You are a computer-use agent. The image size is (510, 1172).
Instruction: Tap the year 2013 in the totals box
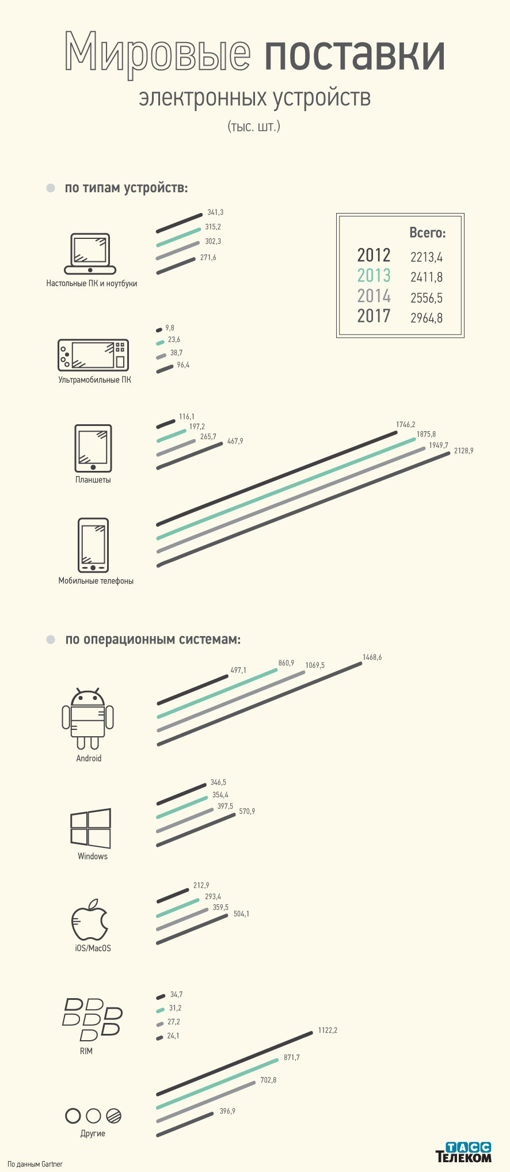374,276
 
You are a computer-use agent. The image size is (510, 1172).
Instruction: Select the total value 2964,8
427,318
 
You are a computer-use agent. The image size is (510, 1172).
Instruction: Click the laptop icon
90,254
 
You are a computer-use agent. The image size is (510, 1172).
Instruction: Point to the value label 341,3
215,212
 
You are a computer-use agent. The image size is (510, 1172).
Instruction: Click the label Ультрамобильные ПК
94,380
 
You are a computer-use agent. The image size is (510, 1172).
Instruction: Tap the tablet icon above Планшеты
93,448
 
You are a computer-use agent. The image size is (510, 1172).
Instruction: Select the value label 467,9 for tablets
235,441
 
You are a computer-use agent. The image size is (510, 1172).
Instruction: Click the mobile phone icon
93,545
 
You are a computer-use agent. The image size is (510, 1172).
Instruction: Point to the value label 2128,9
463,451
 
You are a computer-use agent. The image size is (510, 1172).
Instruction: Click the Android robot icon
88,718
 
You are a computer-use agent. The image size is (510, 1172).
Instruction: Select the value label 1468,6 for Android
372,657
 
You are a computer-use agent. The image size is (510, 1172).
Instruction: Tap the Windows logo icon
90,828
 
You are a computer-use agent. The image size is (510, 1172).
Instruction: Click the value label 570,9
247,811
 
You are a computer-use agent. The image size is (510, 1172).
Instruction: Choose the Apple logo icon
90,919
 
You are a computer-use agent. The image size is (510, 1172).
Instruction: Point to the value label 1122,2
328,1030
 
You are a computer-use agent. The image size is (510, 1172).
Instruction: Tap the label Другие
93,1133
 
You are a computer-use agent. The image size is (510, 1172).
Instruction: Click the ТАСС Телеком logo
463,1152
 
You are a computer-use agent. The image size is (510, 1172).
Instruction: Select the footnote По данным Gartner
35,1164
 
